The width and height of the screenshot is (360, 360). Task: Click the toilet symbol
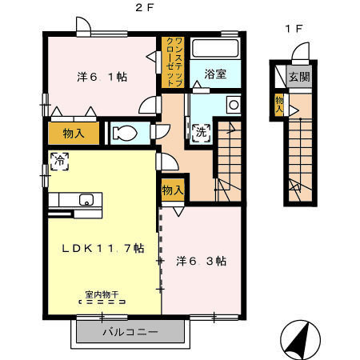(125, 133)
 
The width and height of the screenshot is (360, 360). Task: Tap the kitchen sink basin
(86, 200)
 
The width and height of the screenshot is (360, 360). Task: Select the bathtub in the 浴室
(215, 48)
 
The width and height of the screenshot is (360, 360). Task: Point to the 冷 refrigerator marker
(60, 162)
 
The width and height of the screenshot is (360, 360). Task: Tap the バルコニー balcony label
(130, 332)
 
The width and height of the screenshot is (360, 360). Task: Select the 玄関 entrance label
(299, 77)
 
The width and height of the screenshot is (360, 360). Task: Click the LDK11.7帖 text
(103, 249)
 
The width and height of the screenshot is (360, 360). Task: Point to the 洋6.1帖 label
(102, 77)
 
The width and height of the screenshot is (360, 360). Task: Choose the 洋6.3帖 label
(202, 261)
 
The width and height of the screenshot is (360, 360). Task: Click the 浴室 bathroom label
(215, 74)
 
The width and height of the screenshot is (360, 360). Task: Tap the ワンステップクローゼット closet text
(174, 62)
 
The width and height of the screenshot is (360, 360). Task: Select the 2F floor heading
(145, 8)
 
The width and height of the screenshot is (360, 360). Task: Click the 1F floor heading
(294, 29)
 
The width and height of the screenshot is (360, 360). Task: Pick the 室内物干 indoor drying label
(102, 294)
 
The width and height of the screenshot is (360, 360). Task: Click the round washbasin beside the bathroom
(234, 105)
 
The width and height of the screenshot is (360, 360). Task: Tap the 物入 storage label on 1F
(279, 104)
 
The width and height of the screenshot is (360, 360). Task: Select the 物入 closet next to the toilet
(74, 133)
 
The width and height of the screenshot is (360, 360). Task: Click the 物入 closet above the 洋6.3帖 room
(173, 190)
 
